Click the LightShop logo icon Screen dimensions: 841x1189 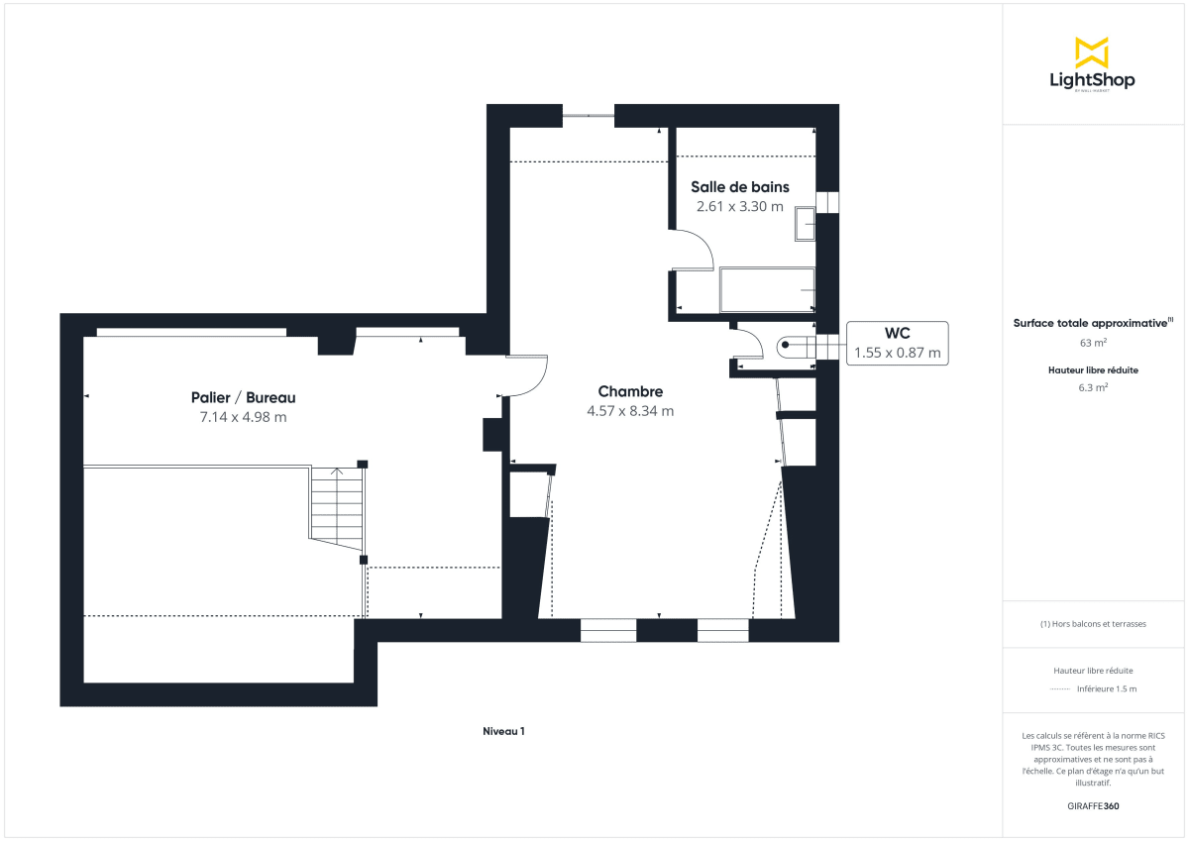pos(1092,53)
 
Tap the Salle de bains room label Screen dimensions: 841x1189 pos(739,187)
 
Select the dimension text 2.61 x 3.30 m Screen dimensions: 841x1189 pos(739,207)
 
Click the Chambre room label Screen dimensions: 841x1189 pos(630,391)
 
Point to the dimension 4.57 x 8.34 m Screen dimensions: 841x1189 pos(630,411)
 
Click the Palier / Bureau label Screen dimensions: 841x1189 pos(243,397)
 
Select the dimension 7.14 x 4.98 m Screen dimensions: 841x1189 pos(243,417)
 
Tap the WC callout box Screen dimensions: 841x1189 pos(897,343)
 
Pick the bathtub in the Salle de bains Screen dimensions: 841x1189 pos(767,289)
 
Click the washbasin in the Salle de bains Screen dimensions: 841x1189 pos(804,225)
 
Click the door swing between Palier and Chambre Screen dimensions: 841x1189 pos(529,375)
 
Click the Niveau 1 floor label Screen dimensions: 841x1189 pos(503,731)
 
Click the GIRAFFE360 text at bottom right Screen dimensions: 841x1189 pos(1092,806)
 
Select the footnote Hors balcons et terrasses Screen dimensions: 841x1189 pos(1093,624)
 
